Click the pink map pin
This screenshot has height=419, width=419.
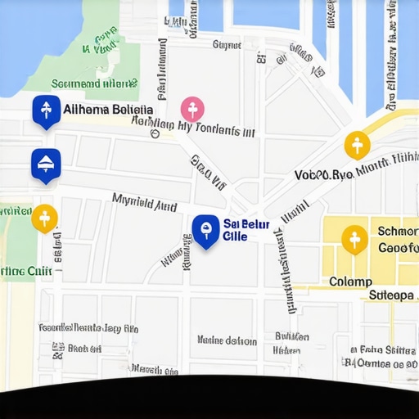[192, 109]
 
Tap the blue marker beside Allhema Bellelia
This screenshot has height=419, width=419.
[45, 110]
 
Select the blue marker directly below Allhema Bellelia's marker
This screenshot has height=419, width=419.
[45, 163]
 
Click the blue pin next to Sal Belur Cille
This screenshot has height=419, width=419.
[205, 231]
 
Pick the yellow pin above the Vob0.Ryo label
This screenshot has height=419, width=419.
[357, 146]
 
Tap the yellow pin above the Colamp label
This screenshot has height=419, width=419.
[354, 239]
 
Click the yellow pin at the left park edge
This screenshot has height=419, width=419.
[44, 218]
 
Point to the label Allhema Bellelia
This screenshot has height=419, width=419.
[107, 110]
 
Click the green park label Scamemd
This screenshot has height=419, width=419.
[93, 83]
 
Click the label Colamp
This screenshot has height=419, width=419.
[350, 282]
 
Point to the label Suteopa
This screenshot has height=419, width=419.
[393, 295]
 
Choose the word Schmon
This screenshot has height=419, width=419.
[397, 231]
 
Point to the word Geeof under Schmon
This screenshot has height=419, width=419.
[398, 248]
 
